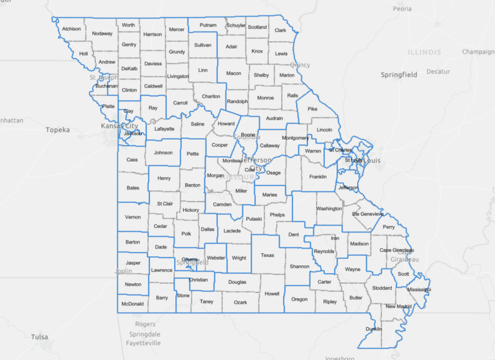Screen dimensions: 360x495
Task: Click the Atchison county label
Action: [71, 29]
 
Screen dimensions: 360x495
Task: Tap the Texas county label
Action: [267, 255]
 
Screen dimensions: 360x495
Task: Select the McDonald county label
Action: [131, 303]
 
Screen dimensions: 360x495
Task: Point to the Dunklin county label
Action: [373, 328]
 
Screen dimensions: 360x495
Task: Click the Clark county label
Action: [280, 30]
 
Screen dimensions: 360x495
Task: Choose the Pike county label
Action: [313, 109]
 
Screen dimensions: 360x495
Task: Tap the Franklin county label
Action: [318, 176]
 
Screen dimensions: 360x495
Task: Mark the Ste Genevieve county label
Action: [367, 214]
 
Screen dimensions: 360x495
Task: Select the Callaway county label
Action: [269, 146]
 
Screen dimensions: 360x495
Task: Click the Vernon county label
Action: [133, 217]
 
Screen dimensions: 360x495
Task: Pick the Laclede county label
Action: [232, 231]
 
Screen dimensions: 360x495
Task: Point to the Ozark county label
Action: [240, 302]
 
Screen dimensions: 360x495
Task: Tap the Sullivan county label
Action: [203, 45]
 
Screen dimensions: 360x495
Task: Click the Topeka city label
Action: [57, 129]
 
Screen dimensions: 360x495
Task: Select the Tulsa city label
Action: [39, 336]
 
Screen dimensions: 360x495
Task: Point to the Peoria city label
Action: [402, 9]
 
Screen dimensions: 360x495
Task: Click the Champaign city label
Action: [478, 52]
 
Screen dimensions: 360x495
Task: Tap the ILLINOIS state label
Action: [424, 52]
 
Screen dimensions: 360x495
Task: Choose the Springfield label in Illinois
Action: [399, 75]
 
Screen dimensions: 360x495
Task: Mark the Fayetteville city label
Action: [142, 343]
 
